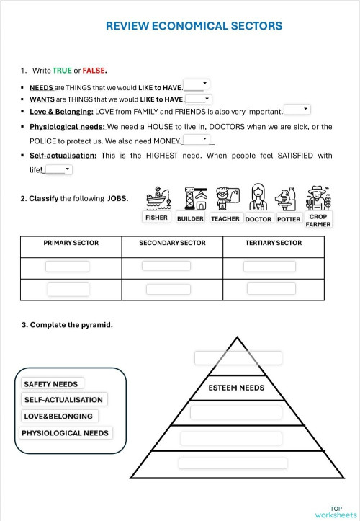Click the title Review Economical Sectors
tap(194, 26)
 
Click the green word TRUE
tap(62, 71)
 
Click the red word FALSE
tap(94, 71)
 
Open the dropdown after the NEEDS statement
tap(196, 84)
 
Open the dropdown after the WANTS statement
tap(198, 99)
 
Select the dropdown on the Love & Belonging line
tap(297, 110)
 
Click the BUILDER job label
tap(190, 218)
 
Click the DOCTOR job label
tap(258, 218)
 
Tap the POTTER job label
tap(289, 218)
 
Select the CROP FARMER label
tap(318, 220)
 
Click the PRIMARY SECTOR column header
tap(71, 244)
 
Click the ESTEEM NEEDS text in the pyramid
tap(236, 388)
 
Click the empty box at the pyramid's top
tap(238, 358)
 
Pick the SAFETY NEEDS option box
tap(50, 384)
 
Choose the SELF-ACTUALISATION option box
tap(63, 400)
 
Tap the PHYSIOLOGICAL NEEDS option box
tap(66, 433)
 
